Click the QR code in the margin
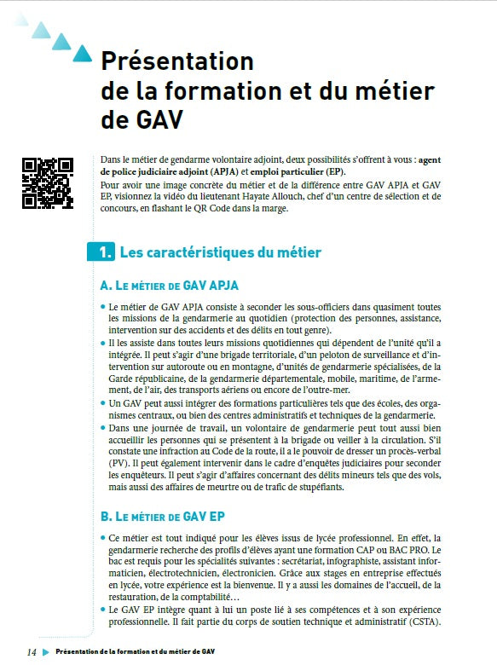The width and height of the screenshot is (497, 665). coord(47,183)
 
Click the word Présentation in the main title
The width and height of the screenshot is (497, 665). coord(177,61)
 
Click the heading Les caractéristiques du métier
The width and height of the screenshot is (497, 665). coord(221,252)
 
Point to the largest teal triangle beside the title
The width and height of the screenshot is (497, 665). coord(82,54)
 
